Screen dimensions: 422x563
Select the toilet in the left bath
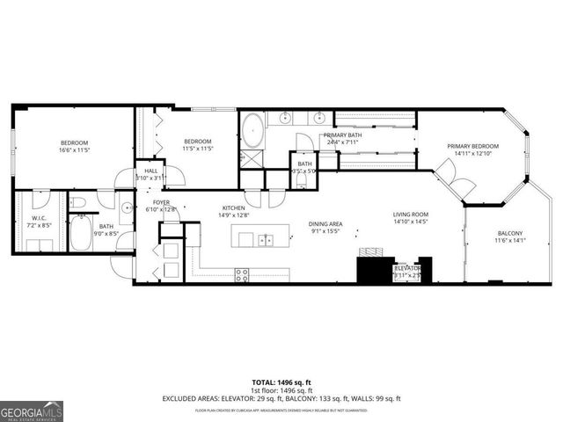79,204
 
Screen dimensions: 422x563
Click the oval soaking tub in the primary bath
252,128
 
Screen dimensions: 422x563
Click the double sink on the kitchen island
265,238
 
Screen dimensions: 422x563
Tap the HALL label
151,171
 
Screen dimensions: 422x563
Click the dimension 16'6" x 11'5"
74,149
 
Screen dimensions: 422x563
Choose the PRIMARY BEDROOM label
472,146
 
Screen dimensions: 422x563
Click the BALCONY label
508,233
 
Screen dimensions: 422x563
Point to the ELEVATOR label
407,267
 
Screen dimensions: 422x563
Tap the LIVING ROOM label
410,215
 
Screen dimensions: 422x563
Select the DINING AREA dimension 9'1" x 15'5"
325,230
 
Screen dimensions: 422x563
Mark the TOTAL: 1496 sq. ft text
281,382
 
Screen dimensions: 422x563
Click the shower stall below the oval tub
252,157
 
